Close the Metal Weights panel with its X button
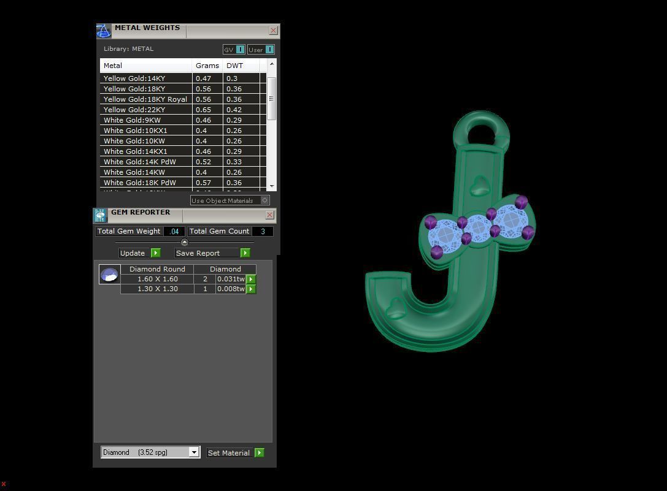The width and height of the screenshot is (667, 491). [x=274, y=30]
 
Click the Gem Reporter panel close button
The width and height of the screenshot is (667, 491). [x=269, y=215]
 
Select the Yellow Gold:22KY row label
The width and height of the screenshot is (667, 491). [x=134, y=110]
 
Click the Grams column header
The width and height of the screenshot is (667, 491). [x=207, y=66]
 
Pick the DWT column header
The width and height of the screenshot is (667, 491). [x=235, y=66]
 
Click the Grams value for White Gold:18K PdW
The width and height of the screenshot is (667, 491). [x=203, y=183]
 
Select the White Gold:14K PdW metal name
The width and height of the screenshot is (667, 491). [x=140, y=162]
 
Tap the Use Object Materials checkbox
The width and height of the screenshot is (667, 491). [x=264, y=200]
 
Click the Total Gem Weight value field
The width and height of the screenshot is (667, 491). [x=174, y=231]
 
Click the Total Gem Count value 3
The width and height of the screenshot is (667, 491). [x=263, y=231]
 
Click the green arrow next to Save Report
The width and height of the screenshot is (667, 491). [x=245, y=253]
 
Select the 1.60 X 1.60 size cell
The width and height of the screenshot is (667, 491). [x=157, y=279]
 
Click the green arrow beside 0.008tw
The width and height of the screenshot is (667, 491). [x=251, y=289]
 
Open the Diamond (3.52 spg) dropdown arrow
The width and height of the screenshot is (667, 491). [x=194, y=452]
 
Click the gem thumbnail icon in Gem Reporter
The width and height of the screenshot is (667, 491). [x=110, y=275]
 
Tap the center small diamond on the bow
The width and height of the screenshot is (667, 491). [x=478, y=229]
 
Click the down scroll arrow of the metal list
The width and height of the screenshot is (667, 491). [x=272, y=186]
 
